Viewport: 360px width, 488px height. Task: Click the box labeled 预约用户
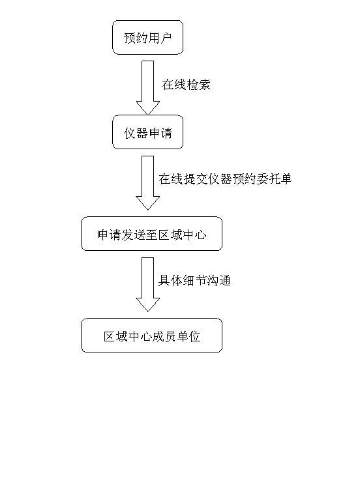tap(147, 37)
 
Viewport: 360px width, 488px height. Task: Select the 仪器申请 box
tap(147, 132)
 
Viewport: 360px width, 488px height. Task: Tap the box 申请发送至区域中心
tap(152, 234)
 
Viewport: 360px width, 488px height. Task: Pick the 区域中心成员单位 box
tap(152, 335)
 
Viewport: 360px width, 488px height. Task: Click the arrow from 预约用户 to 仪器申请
tap(147, 87)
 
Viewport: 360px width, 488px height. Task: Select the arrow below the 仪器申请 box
tap(147, 183)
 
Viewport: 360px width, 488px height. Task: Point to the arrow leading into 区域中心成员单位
tap(147, 285)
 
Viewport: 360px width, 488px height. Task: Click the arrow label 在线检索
tap(187, 85)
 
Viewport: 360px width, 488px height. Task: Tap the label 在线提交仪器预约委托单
tap(225, 179)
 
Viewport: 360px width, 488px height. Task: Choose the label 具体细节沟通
tap(194, 280)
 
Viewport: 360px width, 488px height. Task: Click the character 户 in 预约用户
tap(166, 38)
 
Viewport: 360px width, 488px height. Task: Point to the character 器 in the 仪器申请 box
tap(142, 133)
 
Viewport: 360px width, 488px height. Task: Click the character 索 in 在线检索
tap(205, 85)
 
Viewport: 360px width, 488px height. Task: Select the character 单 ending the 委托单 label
tap(286, 179)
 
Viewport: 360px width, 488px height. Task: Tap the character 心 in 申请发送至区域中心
tap(201, 235)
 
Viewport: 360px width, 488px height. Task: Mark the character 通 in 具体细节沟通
tap(225, 280)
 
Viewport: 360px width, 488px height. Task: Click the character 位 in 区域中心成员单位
tap(194, 336)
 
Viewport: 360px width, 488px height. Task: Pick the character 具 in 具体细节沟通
tap(164, 280)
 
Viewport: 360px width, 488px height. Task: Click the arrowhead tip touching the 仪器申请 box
tap(147, 115)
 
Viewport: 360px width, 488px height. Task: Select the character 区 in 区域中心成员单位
tap(110, 336)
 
